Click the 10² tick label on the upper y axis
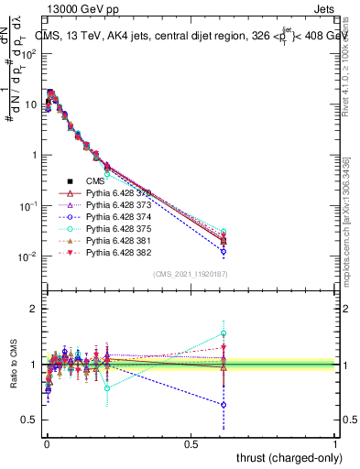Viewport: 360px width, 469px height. point(28,53)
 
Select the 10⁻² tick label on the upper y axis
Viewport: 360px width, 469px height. point(28,256)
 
